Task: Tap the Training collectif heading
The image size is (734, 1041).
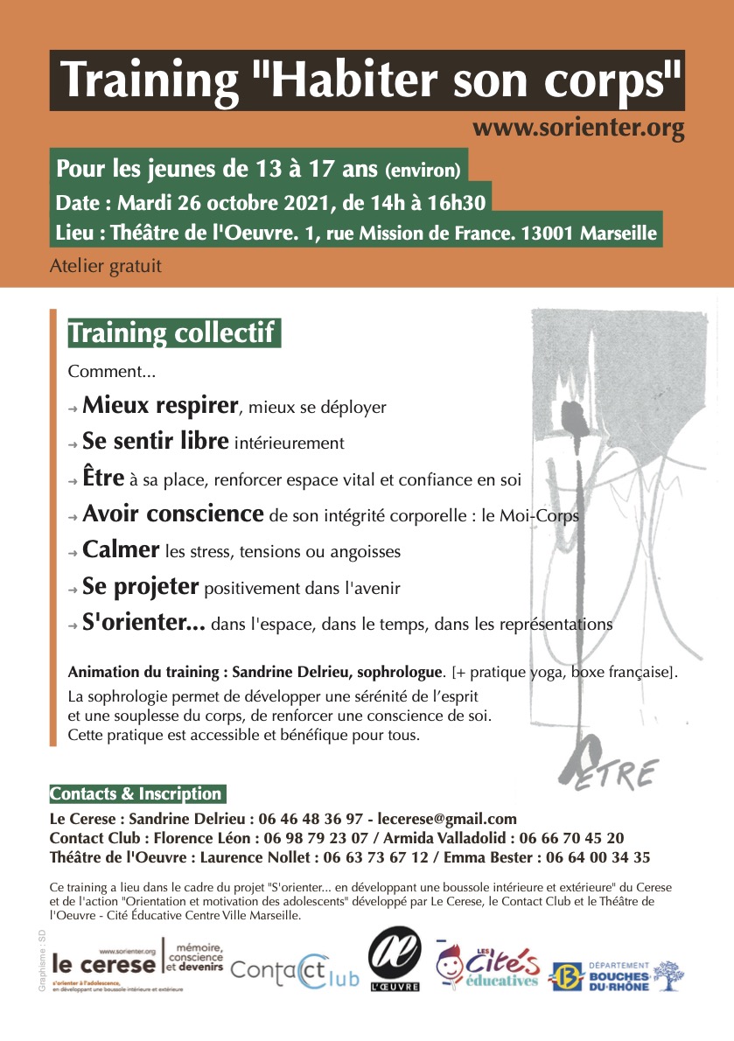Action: click(x=173, y=333)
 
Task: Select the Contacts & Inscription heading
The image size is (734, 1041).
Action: click(x=136, y=794)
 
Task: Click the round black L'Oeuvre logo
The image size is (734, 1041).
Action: click(x=395, y=958)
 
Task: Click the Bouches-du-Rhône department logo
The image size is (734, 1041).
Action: click(x=616, y=975)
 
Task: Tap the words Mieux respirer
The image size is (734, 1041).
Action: click(x=160, y=406)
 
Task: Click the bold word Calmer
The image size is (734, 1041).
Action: click(x=121, y=550)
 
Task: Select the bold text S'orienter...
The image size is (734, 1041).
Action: click(x=143, y=624)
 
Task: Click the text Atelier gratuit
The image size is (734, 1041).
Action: click(x=106, y=263)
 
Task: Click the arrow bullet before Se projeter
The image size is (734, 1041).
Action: click(x=73, y=590)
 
